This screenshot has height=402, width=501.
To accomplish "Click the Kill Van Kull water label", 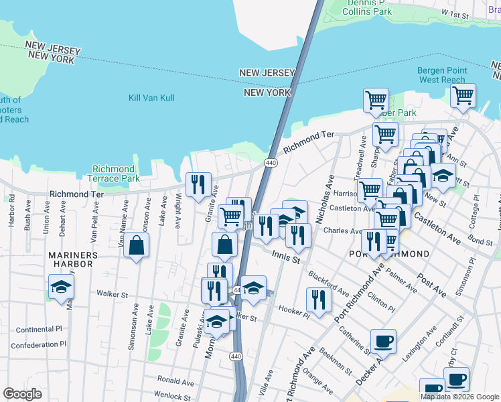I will pyautogui.click(x=151, y=98).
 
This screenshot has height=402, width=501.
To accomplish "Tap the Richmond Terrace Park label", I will pyautogui.click(x=113, y=174).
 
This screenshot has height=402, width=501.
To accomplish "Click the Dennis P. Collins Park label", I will pyautogui.click(x=367, y=7).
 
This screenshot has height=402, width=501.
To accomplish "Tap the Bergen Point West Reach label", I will pyautogui.click(x=441, y=75).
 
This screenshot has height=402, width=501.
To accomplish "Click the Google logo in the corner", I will pyautogui.click(x=22, y=394).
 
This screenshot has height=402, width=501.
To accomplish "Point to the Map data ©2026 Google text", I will pyautogui.click(x=459, y=397).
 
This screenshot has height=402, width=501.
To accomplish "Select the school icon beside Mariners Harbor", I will pyautogui.click(x=62, y=287).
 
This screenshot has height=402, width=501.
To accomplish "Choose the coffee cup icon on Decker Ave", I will pyautogui.click(x=383, y=342).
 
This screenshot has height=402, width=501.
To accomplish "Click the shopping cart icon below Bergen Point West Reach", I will pyautogui.click(x=463, y=96).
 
